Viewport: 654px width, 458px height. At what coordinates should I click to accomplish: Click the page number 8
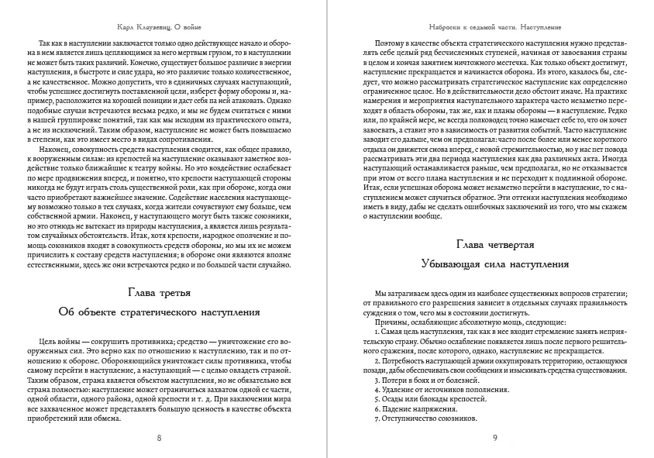pos(160,438)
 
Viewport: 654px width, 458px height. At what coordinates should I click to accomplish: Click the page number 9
pos(494,438)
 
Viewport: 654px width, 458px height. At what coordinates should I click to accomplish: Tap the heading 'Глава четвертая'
pos(494,245)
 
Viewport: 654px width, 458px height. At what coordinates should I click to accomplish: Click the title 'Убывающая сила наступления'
pos(494,264)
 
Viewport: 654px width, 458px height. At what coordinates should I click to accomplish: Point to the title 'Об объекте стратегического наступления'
pos(160,311)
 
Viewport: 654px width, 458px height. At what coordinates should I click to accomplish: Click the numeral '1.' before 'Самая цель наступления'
pos(377,332)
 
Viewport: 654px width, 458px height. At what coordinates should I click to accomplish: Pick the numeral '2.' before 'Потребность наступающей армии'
pos(377,361)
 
